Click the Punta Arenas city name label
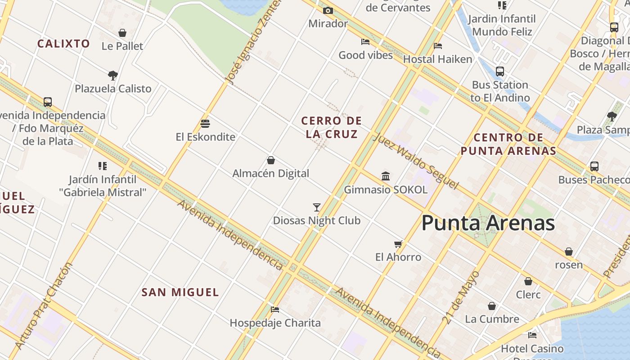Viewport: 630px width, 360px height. click(x=488, y=223)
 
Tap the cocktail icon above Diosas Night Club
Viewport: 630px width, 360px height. click(x=317, y=207)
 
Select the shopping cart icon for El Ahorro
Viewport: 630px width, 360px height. click(x=398, y=244)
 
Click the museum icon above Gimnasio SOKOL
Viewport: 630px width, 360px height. click(x=386, y=176)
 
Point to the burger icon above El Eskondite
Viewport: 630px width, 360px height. click(x=205, y=123)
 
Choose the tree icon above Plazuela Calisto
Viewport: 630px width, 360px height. click(x=113, y=75)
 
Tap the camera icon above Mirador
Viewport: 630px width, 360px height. click(x=328, y=10)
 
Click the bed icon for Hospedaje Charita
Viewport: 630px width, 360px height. click(x=275, y=309)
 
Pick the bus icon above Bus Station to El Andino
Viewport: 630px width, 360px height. click(x=499, y=72)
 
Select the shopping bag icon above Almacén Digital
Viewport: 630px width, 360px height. click(x=271, y=160)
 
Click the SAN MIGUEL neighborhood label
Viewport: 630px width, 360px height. click(x=180, y=292)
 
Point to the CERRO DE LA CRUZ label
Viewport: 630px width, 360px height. click(x=332, y=127)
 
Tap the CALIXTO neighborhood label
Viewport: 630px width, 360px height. click(x=63, y=44)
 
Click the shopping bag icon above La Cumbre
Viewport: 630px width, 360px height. click(x=492, y=306)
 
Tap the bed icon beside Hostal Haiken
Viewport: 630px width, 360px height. click(x=438, y=45)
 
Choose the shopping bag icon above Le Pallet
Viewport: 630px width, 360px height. click(x=122, y=33)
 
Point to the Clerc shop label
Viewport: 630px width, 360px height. click(x=528, y=295)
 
